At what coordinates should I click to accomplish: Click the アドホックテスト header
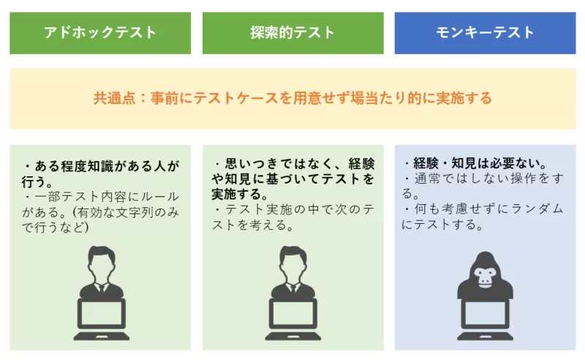point(100,33)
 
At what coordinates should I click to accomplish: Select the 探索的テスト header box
point(292,33)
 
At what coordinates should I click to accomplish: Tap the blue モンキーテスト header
point(485,33)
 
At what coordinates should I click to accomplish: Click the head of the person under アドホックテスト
point(101,260)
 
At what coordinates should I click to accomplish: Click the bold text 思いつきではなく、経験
point(292,164)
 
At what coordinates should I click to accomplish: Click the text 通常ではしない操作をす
point(483,179)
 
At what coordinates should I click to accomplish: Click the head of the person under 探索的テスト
point(292,260)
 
